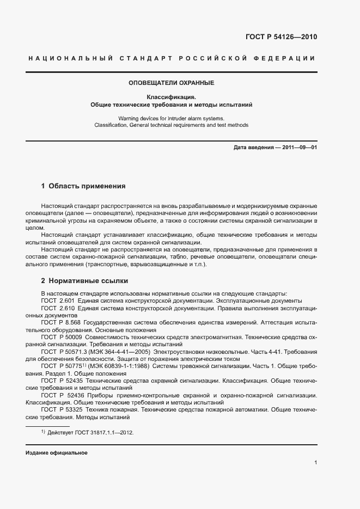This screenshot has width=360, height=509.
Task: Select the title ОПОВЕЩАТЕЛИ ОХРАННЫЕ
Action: click(172, 83)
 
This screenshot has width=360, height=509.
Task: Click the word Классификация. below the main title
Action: click(172, 96)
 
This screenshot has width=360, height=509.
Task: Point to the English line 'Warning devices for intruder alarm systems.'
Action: click(172, 118)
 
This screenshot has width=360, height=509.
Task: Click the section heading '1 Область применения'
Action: click(83, 186)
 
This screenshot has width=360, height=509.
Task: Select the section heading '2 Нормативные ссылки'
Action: click(84, 281)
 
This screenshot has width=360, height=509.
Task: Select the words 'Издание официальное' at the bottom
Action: click(56, 453)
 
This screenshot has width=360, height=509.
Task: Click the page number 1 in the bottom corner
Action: click(315, 462)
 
